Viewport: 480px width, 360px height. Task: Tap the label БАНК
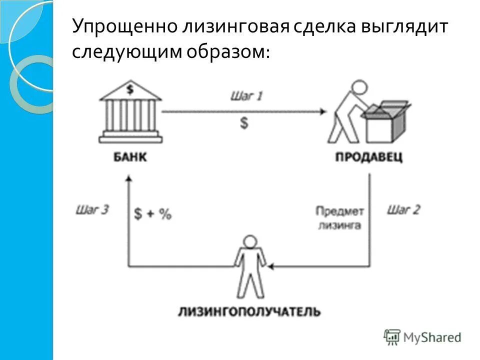tap(129, 157)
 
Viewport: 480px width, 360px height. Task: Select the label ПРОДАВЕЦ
tap(369, 157)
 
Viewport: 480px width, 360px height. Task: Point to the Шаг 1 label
tap(246, 95)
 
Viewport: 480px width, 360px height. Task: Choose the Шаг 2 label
tap(403, 209)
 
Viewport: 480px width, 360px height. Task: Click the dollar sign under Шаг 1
tap(244, 123)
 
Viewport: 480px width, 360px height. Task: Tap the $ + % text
tap(153, 214)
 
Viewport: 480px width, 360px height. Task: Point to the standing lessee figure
tap(250, 267)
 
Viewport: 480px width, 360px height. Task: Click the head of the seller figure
tap(359, 88)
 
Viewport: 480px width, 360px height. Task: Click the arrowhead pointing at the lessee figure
tap(269, 265)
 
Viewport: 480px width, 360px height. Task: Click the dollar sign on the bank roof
tap(130, 90)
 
